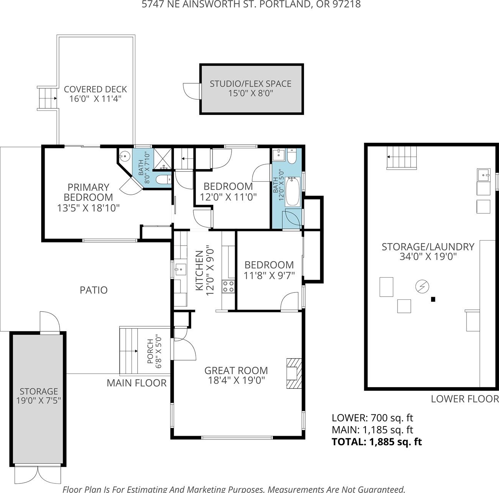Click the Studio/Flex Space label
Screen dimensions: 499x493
(x=250, y=84)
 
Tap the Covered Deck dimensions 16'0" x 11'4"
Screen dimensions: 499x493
(x=95, y=99)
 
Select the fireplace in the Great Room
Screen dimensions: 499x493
(x=294, y=373)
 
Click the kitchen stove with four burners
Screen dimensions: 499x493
(x=228, y=286)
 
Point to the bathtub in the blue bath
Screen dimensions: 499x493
(x=293, y=192)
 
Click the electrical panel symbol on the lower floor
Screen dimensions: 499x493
(x=422, y=286)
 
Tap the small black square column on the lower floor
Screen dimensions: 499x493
(x=433, y=299)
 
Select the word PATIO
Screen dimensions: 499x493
(x=93, y=290)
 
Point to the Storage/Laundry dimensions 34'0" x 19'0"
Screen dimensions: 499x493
(x=428, y=257)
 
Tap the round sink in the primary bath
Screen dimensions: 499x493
(x=125, y=156)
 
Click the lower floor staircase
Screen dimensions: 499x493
(x=402, y=157)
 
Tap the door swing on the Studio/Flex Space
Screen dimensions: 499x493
(x=192, y=91)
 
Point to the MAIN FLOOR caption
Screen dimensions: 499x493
(x=137, y=383)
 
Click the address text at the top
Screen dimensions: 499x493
(x=251, y=5)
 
